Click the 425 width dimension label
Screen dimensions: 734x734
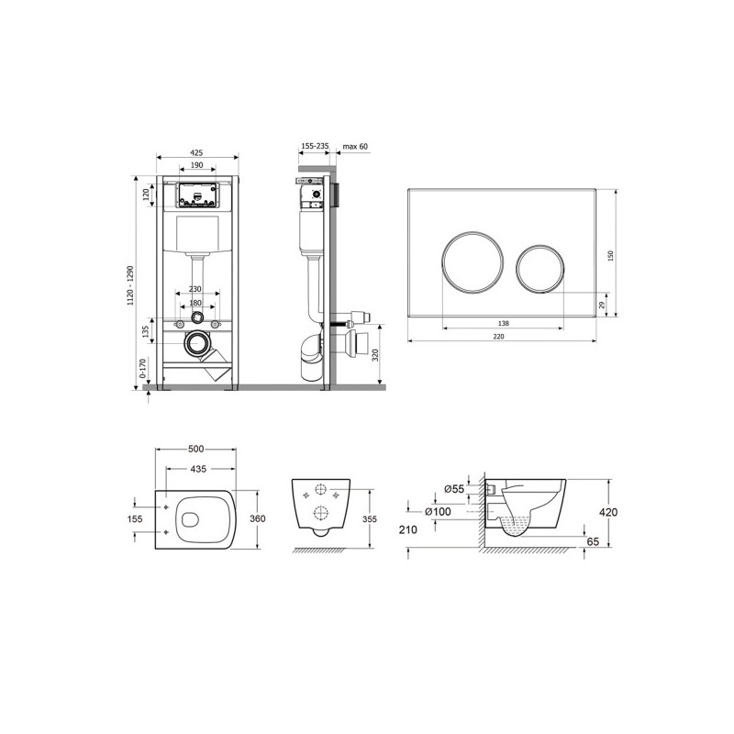196,152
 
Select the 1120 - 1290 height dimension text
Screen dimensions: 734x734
130,285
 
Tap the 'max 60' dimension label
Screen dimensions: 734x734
355,147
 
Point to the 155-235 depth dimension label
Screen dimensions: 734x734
315,146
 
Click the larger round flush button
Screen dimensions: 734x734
473,262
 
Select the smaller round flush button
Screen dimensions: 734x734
540,269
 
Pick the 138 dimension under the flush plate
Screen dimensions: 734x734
504,323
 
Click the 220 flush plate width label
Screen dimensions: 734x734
499,336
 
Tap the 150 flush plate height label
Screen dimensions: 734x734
610,256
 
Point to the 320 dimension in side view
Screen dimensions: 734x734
375,356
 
